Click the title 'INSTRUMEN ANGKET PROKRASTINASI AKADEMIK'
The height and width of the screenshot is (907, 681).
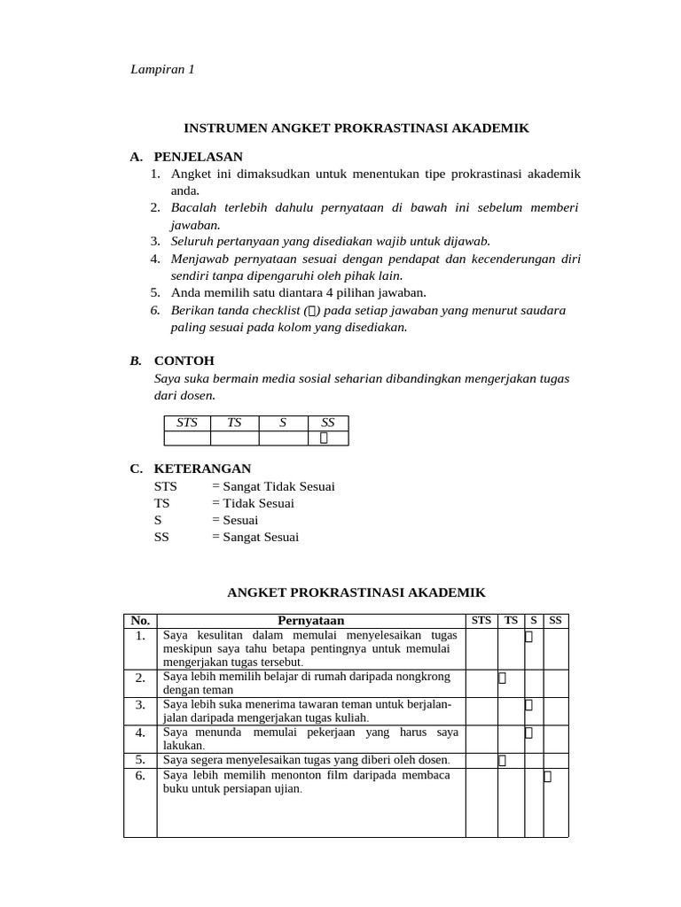pyautogui.click(x=356, y=128)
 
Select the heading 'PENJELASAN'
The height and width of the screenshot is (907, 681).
pyautogui.click(x=198, y=157)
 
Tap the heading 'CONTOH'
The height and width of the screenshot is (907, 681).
pyautogui.click(x=184, y=361)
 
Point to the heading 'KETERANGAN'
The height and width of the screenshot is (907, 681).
pyautogui.click(x=202, y=469)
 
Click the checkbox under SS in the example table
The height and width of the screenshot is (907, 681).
pyautogui.click(x=325, y=438)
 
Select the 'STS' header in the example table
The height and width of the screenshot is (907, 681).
pyautogui.click(x=187, y=423)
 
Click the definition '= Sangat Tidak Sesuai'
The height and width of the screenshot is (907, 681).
pyautogui.click(x=273, y=486)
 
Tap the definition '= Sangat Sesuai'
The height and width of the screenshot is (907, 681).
pyautogui.click(x=255, y=537)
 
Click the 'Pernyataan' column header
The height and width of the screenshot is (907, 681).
pyautogui.click(x=310, y=621)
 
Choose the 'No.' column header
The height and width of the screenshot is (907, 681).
pyautogui.click(x=141, y=621)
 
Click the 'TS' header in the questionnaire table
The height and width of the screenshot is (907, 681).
pyautogui.click(x=511, y=620)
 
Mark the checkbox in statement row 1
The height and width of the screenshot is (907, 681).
pyautogui.click(x=528, y=636)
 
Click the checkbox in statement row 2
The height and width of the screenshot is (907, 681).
pyautogui.click(x=502, y=678)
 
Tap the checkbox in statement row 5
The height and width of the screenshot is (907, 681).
pyautogui.click(x=502, y=760)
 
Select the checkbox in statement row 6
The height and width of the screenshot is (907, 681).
pyautogui.click(x=547, y=777)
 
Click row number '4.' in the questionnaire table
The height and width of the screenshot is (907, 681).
pyautogui.click(x=140, y=733)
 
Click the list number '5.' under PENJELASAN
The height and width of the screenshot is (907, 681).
pyautogui.click(x=154, y=292)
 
